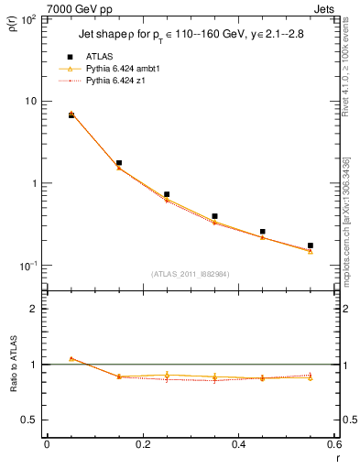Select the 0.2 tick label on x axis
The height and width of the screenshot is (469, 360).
pyautogui.click(x=142, y=444)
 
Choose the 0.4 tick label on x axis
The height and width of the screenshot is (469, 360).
pyautogui.click(x=238, y=444)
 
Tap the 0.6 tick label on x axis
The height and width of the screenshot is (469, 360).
pyautogui.click(x=334, y=444)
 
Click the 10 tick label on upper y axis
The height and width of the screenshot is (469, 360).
pyautogui.click(x=33, y=101)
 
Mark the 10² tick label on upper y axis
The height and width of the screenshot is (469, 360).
pyautogui.click(x=31, y=18)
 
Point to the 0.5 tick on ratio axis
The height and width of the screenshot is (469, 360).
pyautogui.click(x=30, y=420)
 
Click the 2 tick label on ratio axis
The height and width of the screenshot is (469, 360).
pyautogui.click(x=36, y=309)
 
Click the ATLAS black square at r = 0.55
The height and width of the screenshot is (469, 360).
pyautogui.click(x=311, y=245)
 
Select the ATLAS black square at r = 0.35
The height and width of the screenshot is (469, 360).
pyautogui.click(x=214, y=216)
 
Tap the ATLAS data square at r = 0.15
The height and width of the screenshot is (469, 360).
pyautogui.click(x=119, y=163)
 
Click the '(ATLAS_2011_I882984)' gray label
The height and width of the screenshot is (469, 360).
pyautogui.click(x=191, y=274)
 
